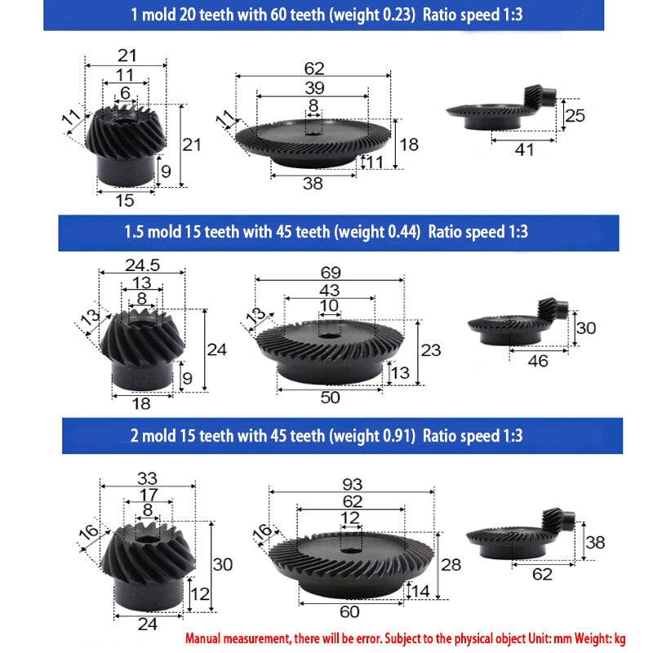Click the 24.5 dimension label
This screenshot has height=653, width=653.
142,265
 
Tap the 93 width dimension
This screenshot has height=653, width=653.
353,484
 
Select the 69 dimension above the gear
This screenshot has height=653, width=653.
331,273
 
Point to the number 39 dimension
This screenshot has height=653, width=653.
314,88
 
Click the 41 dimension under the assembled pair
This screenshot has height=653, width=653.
524,150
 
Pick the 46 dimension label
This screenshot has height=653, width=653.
538,361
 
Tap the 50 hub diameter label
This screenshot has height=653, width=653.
331,398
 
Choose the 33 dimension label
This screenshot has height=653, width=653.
148,478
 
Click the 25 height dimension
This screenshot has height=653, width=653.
575,115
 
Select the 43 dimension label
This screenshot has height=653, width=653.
330,291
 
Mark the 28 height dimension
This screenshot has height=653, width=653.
451,565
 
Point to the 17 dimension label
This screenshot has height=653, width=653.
149,495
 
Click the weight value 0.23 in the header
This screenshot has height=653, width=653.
399,15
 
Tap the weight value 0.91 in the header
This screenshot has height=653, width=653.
398,436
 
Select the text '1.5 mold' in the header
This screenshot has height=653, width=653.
153,232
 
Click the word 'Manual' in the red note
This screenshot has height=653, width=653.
202,638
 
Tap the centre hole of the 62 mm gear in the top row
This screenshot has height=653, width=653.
313,133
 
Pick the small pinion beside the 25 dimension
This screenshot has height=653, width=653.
540,96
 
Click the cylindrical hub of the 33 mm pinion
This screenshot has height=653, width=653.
149,593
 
